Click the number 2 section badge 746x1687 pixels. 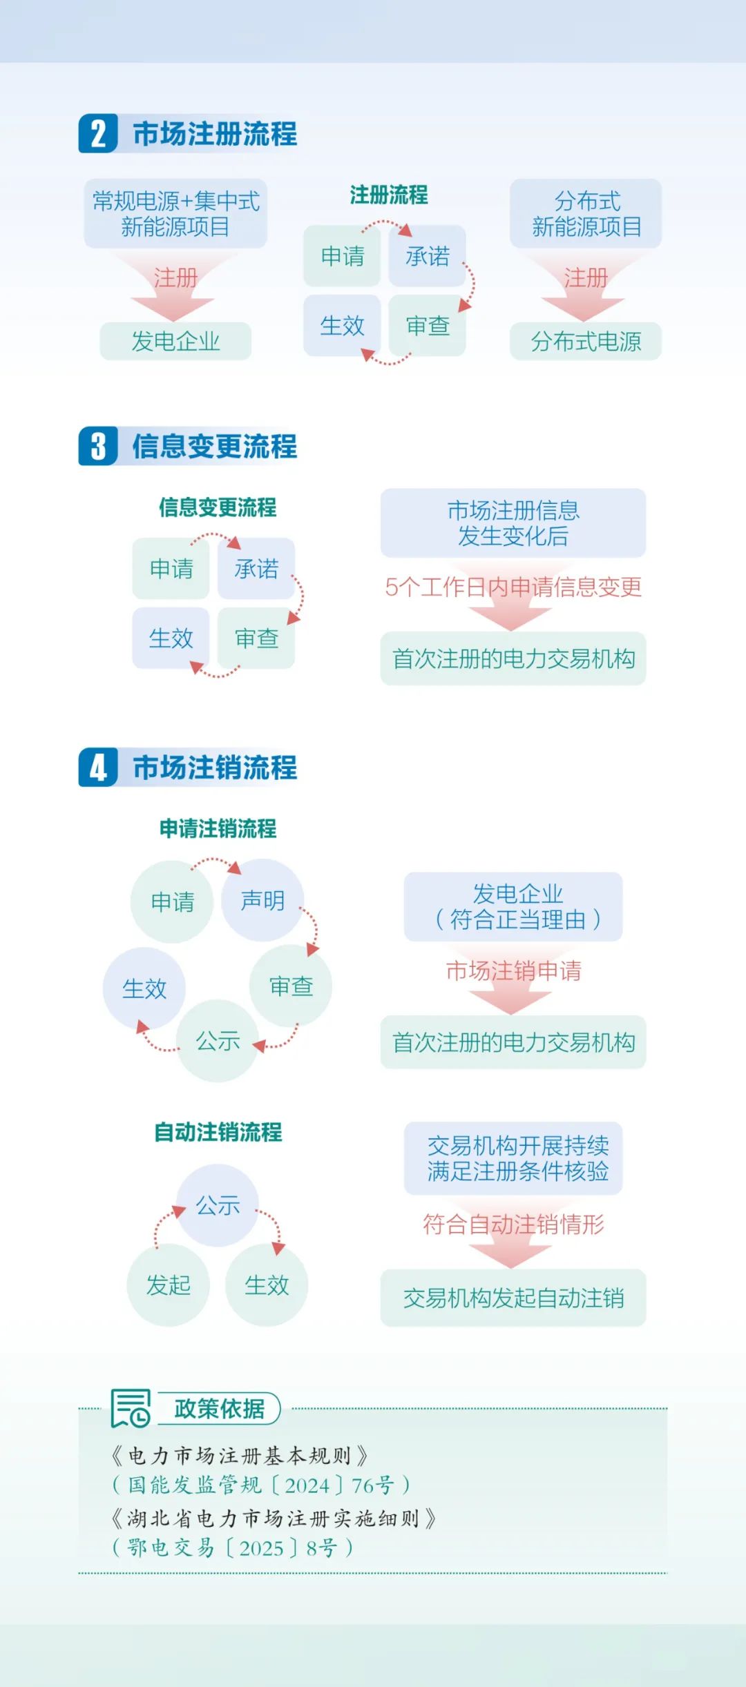pos(98,133)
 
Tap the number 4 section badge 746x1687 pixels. pos(98,767)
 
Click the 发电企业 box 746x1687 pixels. pos(175,341)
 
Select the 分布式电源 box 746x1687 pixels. pos(585,341)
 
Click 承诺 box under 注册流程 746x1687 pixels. pos(427,256)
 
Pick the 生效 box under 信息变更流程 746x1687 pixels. pos(171,638)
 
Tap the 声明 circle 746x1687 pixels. pos(262,900)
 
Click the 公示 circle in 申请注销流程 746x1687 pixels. pos(218,1040)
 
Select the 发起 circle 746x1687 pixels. pos(168,1285)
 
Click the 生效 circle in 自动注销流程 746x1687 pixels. pos(267,1285)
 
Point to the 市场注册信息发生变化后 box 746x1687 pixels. pos(513,523)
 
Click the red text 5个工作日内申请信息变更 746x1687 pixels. pos(513,587)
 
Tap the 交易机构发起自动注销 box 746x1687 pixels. pos(513,1298)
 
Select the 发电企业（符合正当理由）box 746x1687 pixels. pos(513,906)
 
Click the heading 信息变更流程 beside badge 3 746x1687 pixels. pos(214,447)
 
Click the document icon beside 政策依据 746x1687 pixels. pos(130,1408)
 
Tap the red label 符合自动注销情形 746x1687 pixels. pos(513,1225)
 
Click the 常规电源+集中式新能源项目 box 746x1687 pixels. pos(175,213)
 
